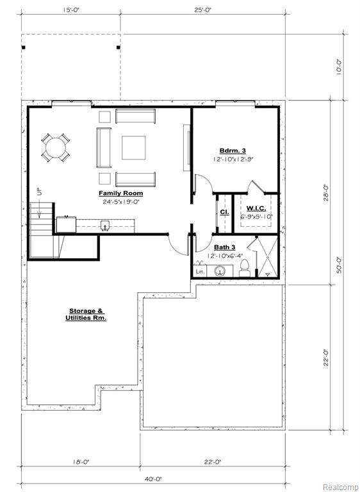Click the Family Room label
click(x=121, y=193)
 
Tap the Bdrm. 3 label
click(x=233, y=151)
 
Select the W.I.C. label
click(x=256, y=208)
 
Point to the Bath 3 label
click(x=224, y=247)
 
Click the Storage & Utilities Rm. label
click(x=86, y=315)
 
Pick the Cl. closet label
click(x=224, y=212)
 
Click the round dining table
click(x=56, y=147)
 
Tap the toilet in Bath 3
click(x=245, y=268)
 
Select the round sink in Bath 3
click(x=221, y=272)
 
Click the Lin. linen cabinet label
click(x=200, y=272)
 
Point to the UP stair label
click(x=40, y=192)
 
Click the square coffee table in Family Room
click(x=134, y=147)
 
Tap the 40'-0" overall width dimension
click(x=153, y=479)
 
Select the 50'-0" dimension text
click(x=339, y=265)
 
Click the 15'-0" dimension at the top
click(x=71, y=10)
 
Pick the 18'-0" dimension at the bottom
click(x=81, y=462)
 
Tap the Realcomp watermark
click(x=341, y=488)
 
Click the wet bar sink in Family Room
click(x=105, y=225)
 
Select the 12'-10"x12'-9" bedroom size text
click(x=233, y=159)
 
